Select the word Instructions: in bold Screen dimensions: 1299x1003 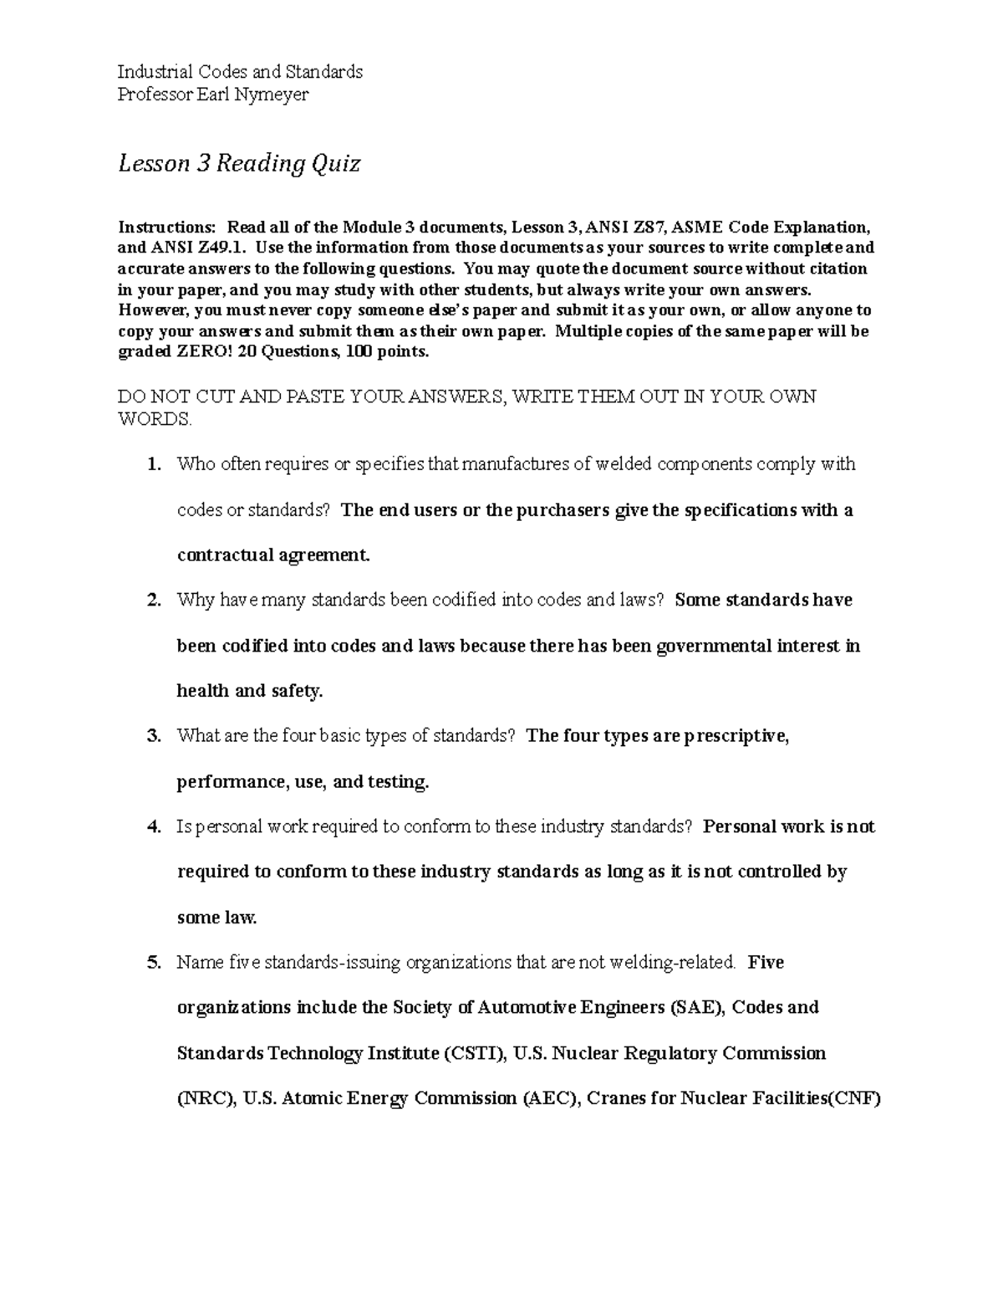(166, 228)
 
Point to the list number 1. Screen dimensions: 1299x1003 (153, 464)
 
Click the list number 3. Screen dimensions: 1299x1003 (153, 736)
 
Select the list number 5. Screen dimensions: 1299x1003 (153, 963)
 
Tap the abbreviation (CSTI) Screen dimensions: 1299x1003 (474, 1053)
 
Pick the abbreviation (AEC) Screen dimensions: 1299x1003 (551, 1098)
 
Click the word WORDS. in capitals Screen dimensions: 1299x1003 (155, 419)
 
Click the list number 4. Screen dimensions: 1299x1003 (153, 827)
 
